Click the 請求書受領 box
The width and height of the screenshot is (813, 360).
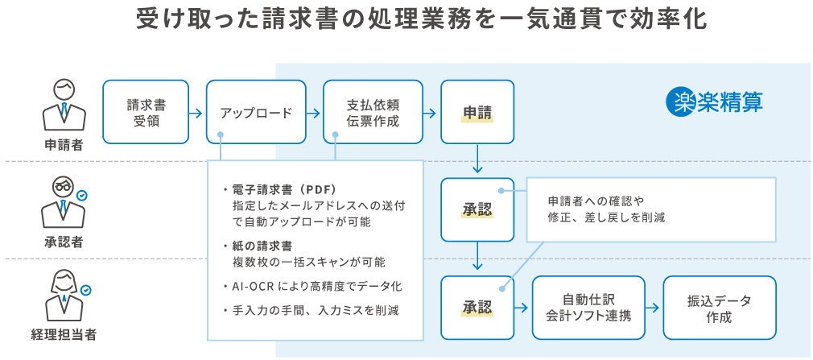tap(146, 112)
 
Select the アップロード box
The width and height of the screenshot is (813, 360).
tap(256, 112)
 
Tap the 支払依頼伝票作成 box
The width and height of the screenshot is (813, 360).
tap(373, 112)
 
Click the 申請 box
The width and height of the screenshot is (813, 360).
tap(477, 112)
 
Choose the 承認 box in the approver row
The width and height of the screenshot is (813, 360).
tap(477, 209)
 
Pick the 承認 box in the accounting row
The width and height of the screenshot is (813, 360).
tap(477, 307)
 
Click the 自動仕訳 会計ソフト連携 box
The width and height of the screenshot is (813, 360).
tap(588, 307)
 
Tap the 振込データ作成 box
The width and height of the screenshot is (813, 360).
tap(719, 307)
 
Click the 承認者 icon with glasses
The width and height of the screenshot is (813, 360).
tap(64, 201)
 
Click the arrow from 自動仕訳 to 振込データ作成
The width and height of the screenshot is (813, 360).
tap(653, 308)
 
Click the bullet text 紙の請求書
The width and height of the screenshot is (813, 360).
tap(262, 246)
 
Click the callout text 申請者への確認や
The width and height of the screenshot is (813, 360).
tap(596, 201)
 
